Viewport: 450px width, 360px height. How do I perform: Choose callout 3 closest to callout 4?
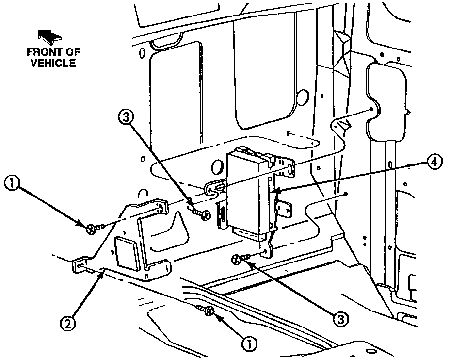click(341, 319)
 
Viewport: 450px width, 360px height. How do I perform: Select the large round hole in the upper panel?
click(302, 97)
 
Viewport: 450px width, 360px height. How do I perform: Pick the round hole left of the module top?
click(216, 168)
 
